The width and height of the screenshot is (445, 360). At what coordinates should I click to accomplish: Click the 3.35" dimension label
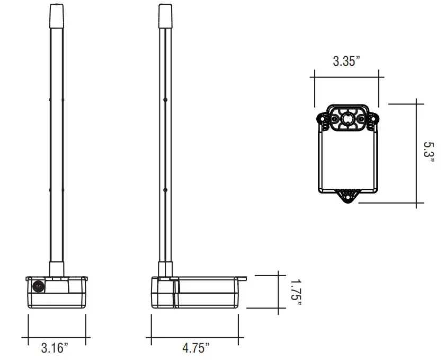(346, 61)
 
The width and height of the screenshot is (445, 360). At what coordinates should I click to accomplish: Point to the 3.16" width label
(55, 348)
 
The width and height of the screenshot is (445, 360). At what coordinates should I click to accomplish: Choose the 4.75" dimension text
(195, 348)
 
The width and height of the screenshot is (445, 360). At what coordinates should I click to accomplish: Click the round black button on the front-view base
(38, 286)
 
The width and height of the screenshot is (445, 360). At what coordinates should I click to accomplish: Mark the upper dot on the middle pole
(165, 99)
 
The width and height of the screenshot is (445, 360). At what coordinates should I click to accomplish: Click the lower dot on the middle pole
(165, 189)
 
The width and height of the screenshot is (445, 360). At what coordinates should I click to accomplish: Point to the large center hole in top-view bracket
(348, 119)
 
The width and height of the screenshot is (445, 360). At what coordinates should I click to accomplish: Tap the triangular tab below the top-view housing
(348, 197)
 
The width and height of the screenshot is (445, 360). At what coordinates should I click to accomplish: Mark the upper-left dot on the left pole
(49, 99)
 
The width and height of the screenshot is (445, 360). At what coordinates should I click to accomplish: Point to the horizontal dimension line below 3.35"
(346, 77)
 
